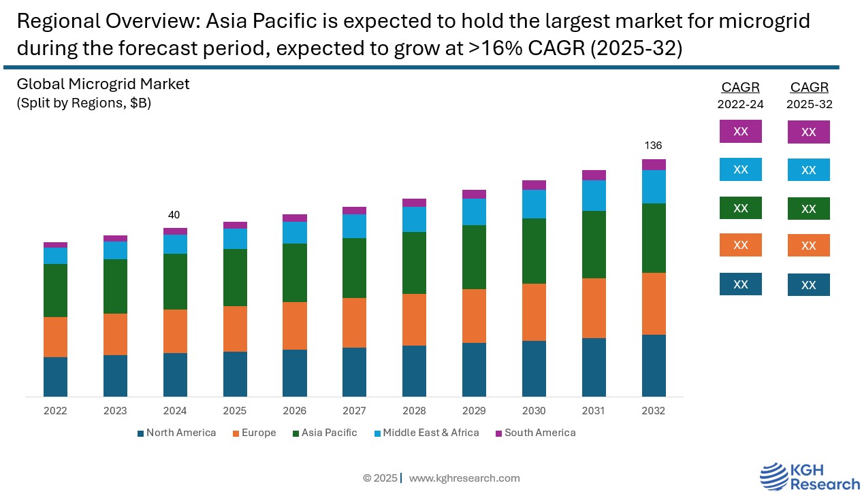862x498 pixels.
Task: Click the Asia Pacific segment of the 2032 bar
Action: (x=654, y=238)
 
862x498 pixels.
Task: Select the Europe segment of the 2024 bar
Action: (x=175, y=331)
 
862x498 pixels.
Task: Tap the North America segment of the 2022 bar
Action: (x=55, y=377)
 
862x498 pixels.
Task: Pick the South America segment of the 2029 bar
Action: (x=474, y=195)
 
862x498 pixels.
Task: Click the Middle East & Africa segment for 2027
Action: (x=354, y=226)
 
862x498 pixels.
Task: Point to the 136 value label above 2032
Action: (x=653, y=146)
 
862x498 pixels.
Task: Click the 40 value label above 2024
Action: (x=174, y=215)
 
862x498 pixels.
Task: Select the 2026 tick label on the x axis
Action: (x=294, y=411)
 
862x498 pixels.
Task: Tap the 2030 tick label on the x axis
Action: (x=534, y=411)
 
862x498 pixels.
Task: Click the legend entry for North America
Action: (x=176, y=433)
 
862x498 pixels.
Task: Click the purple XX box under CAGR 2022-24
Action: (x=740, y=131)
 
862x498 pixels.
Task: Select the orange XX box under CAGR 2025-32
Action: (x=808, y=246)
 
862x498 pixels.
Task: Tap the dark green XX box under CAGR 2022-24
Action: (x=740, y=208)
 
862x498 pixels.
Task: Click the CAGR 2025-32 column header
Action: (x=809, y=95)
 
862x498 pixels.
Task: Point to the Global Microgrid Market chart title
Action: (x=103, y=84)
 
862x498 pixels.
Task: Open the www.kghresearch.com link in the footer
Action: (x=464, y=478)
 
